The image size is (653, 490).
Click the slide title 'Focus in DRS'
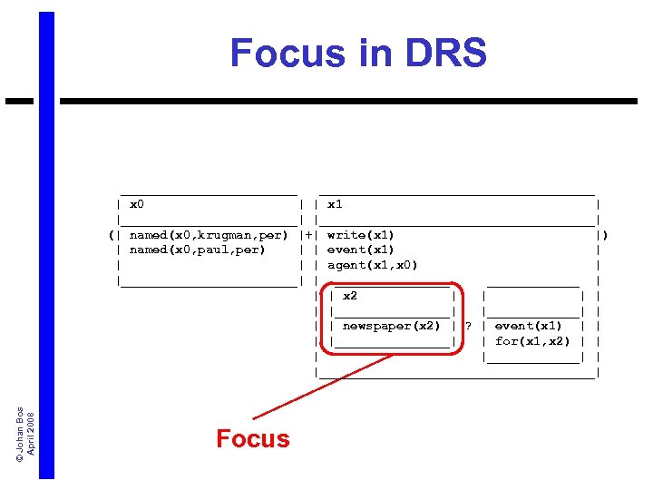(x=358, y=54)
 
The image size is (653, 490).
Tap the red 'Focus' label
(x=253, y=439)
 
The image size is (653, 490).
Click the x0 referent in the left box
(x=137, y=205)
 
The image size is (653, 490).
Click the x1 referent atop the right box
(x=335, y=205)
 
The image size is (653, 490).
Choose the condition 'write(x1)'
(x=361, y=235)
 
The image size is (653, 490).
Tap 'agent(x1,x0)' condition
(x=373, y=265)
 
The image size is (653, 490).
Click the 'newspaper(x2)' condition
(x=391, y=326)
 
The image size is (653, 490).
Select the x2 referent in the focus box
(x=350, y=296)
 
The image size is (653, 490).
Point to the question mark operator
(x=468, y=326)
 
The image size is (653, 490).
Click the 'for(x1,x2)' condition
(x=532, y=341)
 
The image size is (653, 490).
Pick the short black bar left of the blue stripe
(x=19, y=102)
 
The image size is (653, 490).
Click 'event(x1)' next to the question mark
(x=529, y=326)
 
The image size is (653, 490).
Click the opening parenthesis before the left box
(x=111, y=235)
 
